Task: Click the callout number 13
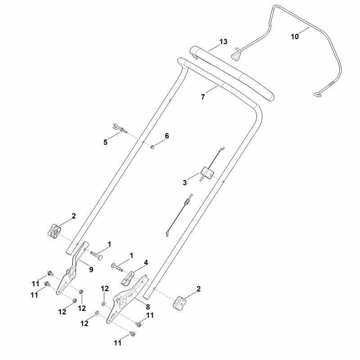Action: point(223,42)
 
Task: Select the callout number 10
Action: point(295,36)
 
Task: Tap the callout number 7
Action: point(203,97)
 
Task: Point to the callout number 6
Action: point(166,136)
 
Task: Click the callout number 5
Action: point(105,142)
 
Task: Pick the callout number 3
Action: point(185,183)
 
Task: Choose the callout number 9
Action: point(91,269)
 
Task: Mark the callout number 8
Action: point(148,307)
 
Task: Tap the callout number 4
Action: point(146,263)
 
